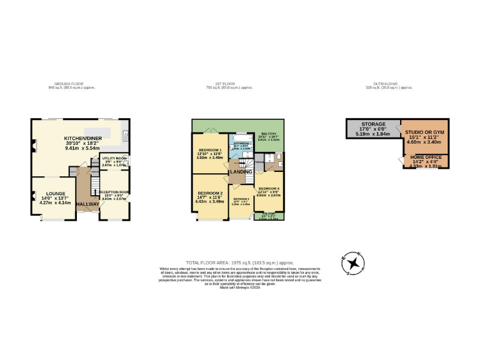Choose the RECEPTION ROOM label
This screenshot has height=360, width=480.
tap(114, 192)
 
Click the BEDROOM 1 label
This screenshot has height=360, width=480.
tap(210, 151)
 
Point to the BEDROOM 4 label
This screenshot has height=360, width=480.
tap(269, 188)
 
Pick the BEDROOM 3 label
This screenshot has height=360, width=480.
tap(241, 198)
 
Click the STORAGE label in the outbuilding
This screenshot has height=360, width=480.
tap(372, 124)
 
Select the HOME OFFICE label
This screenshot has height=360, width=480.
tap(424, 157)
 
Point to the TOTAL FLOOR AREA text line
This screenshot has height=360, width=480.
tap(239, 262)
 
